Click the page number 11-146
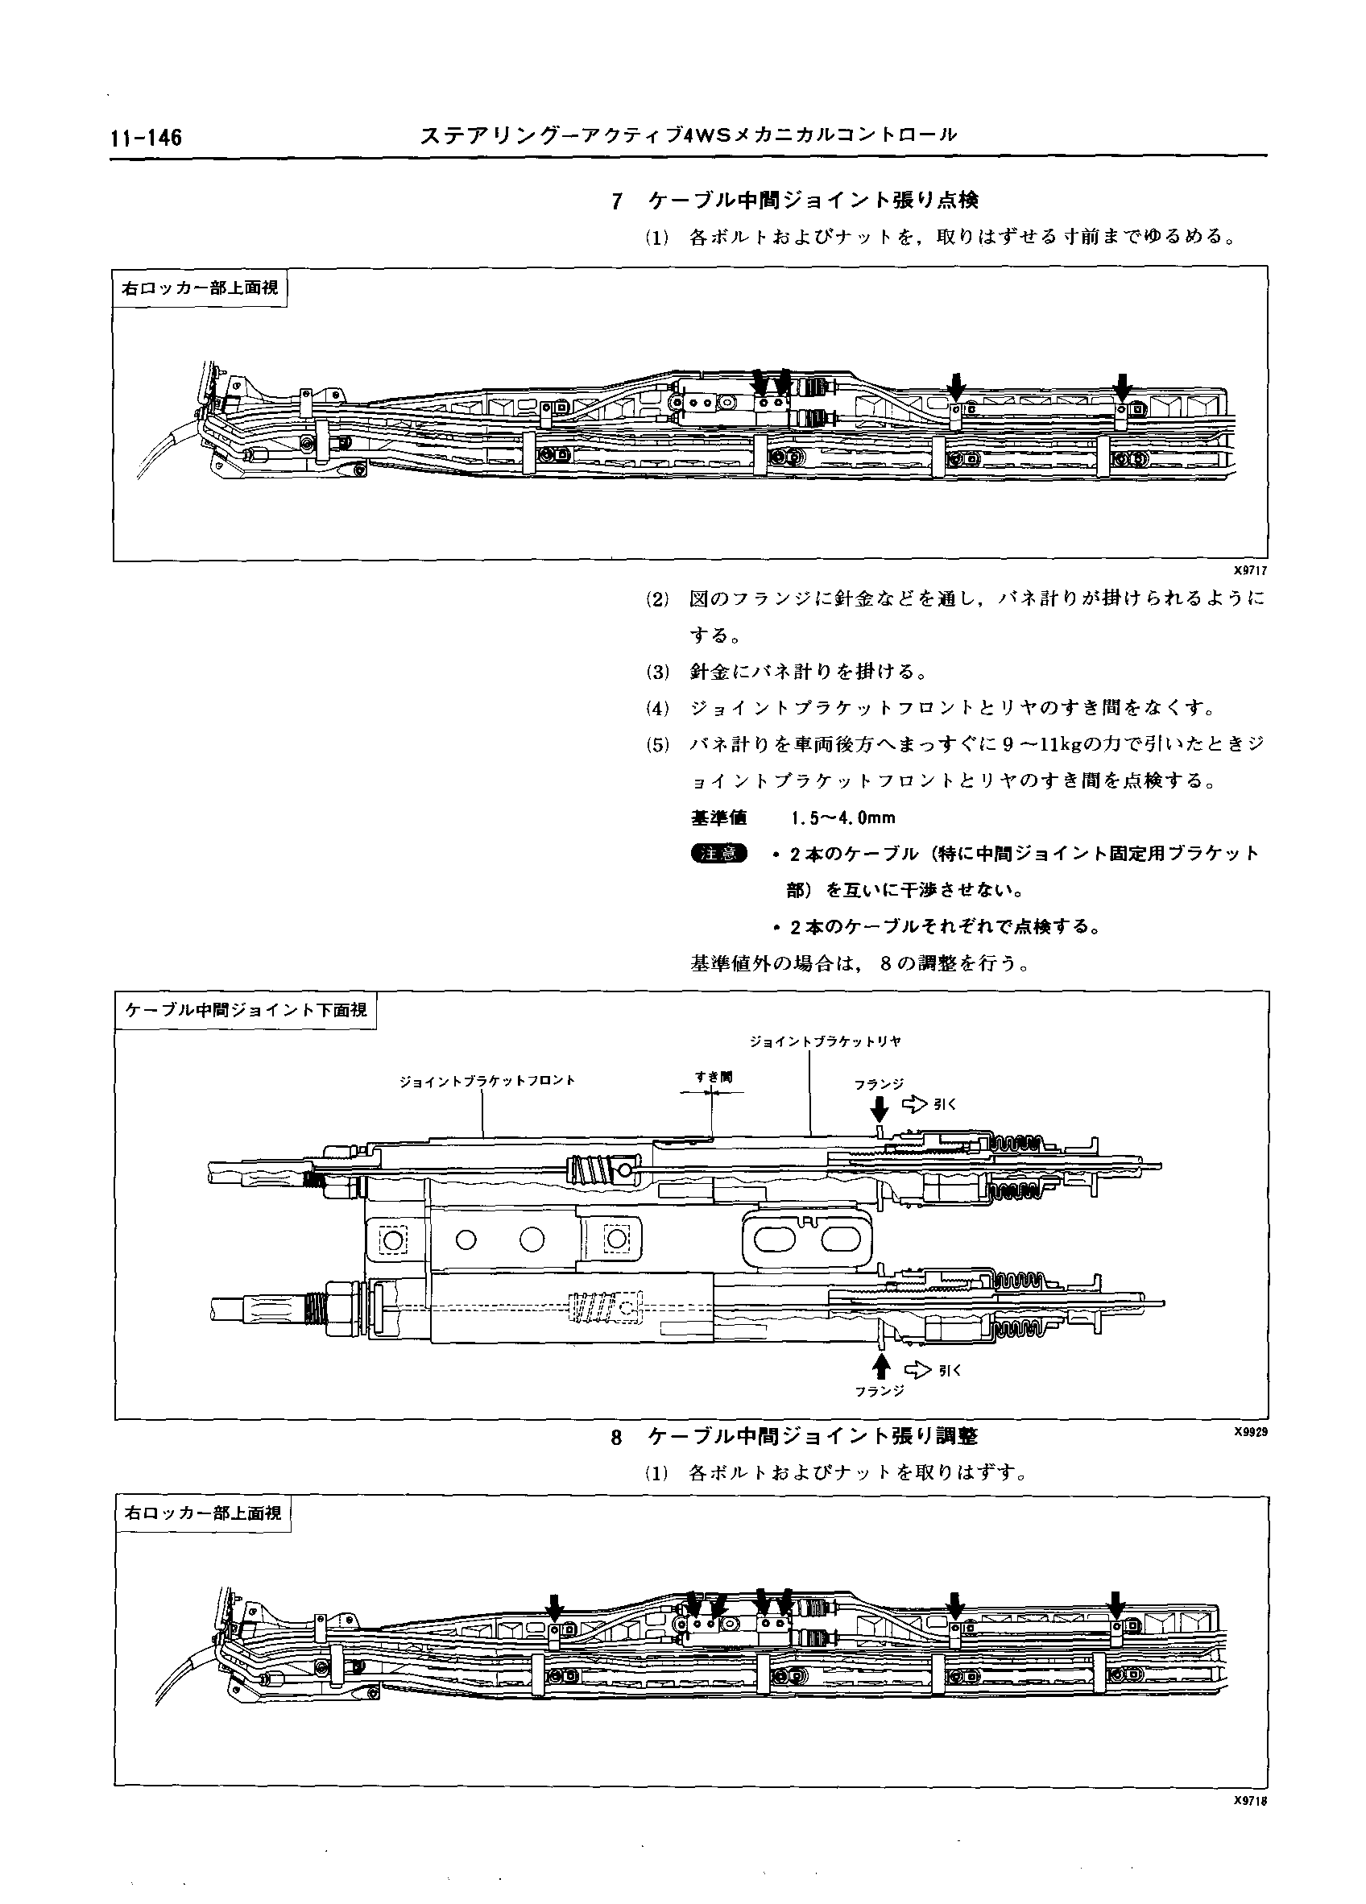(x=145, y=138)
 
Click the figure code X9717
(x=1249, y=570)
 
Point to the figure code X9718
(x=1249, y=1802)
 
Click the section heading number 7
(x=617, y=201)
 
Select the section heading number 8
(x=617, y=1437)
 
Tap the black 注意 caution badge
(x=718, y=854)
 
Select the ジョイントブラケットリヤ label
(x=826, y=1041)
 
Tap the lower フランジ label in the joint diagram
(x=879, y=1391)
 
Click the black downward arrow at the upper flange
(x=879, y=1110)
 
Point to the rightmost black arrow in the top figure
(x=1122, y=386)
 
